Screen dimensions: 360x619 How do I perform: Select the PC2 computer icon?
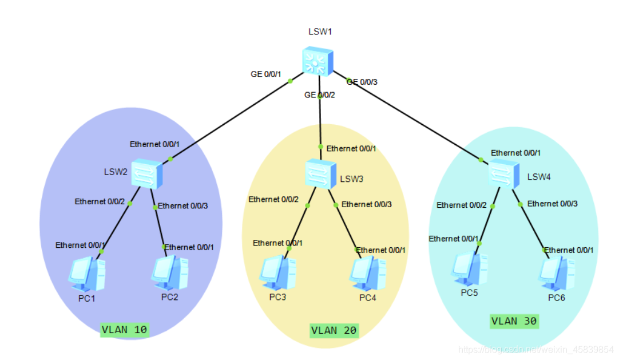point(170,273)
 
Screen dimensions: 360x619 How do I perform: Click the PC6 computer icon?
point(557,273)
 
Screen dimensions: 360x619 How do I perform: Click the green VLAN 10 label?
point(124,330)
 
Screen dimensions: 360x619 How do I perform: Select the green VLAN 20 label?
point(334,330)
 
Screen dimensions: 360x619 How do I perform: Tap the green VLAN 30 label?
point(514,322)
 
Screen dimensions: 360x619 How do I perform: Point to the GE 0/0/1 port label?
point(265,74)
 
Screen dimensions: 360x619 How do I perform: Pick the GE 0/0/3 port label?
point(362,82)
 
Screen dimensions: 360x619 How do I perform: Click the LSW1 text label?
point(320,31)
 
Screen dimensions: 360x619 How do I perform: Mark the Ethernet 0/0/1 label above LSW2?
point(154,144)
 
